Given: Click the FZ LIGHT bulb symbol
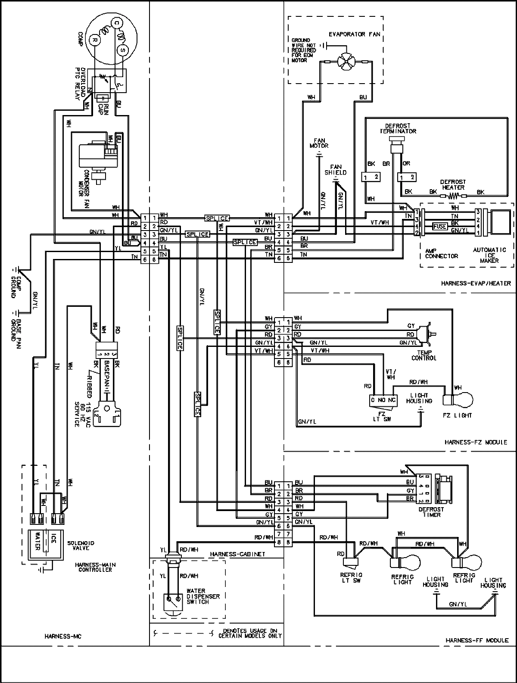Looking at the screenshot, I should pyautogui.click(x=462, y=399).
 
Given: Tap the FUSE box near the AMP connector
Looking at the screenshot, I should pyautogui.click(x=440, y=226).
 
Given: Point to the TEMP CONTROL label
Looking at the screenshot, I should pyautogui.click(x=424, y=355).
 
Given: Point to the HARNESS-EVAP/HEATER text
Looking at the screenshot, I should pyautogui.click(x=476, y=283).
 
